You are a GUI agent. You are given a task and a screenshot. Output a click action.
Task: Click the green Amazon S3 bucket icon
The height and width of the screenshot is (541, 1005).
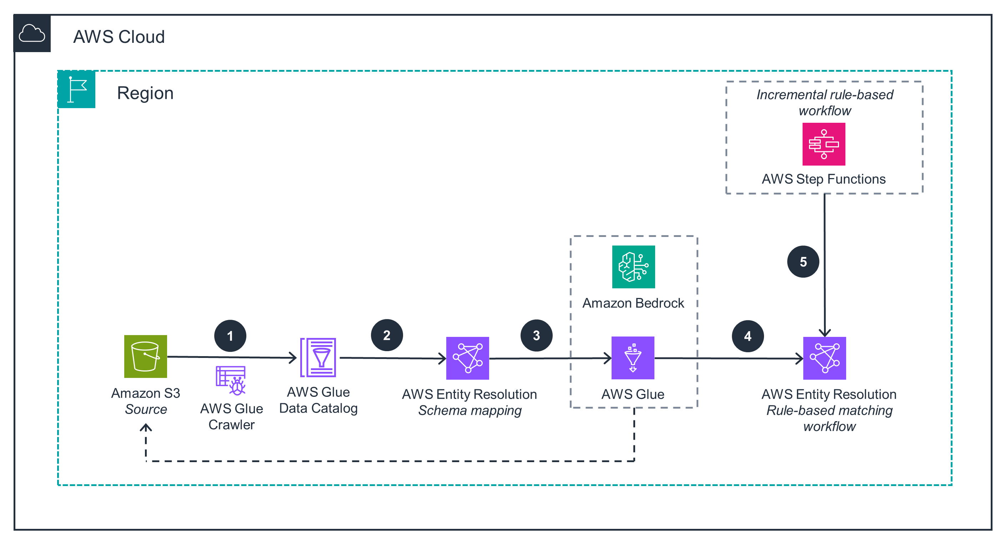[x=146, y=356]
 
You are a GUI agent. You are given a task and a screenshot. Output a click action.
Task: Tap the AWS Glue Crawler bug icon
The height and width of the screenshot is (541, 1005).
[x=231, y=380]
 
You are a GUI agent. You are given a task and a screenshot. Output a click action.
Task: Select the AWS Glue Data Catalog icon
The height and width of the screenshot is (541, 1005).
[x=318, y=357]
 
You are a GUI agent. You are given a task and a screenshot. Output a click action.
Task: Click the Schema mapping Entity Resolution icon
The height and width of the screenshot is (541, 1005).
[x=467, y=358]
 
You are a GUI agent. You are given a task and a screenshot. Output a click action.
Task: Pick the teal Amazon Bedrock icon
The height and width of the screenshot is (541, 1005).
[x=633, y=267]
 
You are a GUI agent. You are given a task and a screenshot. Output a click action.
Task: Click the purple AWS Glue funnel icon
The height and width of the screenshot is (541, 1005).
[x=632, y=358]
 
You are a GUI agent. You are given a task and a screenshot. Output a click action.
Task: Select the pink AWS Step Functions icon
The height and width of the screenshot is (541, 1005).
[x=824, y=144]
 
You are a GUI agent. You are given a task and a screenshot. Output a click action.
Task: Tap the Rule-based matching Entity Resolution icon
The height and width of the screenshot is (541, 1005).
[x=824, y=358]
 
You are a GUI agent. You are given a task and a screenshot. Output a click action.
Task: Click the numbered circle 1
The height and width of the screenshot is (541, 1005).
[x=230, y=336]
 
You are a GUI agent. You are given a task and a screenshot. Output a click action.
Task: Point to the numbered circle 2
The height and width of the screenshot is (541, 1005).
[x=387, y=335]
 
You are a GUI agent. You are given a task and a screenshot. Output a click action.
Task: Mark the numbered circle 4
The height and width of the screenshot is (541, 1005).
[x=748, y=336]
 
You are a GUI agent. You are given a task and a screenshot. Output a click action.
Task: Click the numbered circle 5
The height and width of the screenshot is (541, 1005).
[x=803, y=262]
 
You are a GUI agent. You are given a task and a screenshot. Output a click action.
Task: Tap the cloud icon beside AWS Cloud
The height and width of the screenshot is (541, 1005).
[x=32, y=33]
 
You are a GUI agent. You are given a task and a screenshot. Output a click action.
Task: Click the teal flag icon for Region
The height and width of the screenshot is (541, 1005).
[x=76, y=89]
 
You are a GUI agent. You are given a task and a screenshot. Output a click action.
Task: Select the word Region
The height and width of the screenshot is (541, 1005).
[x=145, y=93]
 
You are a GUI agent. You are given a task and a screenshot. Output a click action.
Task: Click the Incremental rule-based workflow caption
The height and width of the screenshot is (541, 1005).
[x=824, y=102]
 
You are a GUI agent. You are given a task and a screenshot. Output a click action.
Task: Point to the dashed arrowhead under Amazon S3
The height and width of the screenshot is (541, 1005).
[x=146, y=428]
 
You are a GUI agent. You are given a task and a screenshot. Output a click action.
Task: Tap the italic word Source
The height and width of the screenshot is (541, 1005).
[x=146, y=409]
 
